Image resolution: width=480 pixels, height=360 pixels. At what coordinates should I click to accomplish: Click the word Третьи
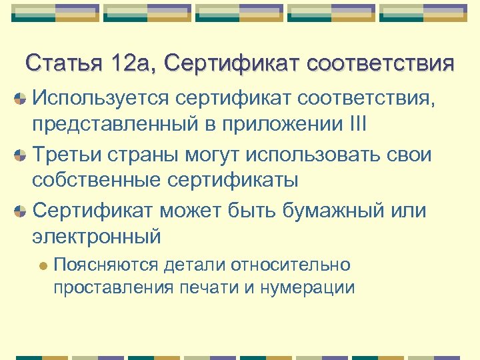coord(71,155)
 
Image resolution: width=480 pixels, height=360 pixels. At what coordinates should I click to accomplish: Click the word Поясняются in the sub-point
coord(106,265)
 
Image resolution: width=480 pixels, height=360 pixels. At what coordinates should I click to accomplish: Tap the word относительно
coord(290,265)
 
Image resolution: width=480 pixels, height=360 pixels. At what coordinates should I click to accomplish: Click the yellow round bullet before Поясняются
coord(43,265)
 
